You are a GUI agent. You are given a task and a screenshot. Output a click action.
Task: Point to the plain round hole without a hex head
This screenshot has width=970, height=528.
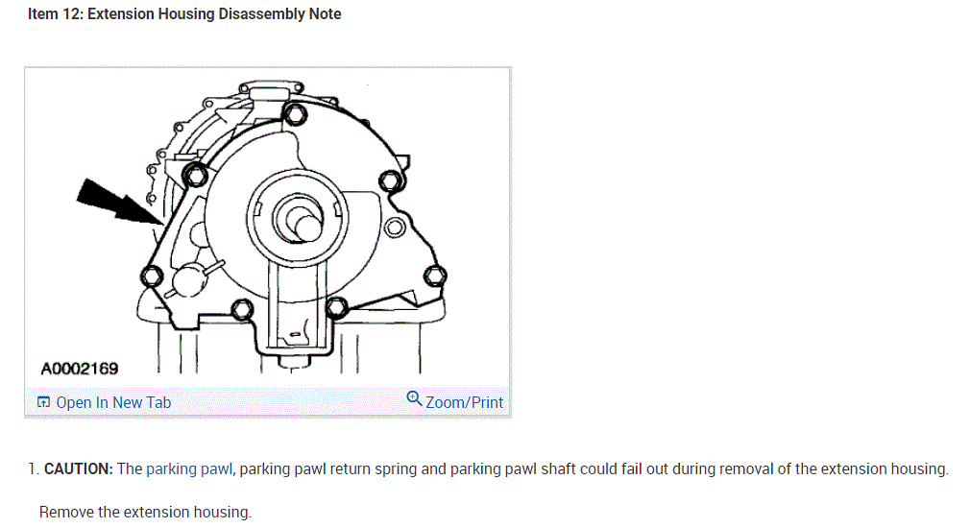[393, 228]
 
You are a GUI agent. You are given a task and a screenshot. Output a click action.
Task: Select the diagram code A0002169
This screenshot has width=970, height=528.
[80, 369]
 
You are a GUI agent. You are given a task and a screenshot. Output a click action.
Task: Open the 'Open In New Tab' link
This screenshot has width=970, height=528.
[113, 402]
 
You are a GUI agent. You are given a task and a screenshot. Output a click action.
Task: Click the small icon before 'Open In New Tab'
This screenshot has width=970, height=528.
[43, 402]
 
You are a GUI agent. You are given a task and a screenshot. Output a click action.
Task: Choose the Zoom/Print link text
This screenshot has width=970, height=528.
[464, 402]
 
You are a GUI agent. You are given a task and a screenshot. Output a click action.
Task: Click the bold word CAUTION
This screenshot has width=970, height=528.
[79, 469]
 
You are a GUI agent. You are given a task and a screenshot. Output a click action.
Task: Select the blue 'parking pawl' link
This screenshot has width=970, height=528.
[189, 469]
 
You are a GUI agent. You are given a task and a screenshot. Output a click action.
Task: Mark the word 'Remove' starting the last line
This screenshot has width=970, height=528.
[65, 512]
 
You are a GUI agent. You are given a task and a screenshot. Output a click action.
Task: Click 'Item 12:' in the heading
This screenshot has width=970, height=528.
[56, 14]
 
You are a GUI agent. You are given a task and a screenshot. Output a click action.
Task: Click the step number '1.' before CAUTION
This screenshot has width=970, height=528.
[33, 469]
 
